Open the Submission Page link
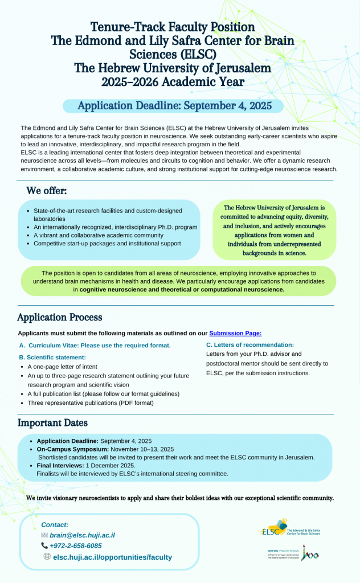click(235, 333)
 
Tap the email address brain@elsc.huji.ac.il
click(82, 535)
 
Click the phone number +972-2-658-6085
click(75, 546)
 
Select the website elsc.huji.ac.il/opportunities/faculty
click(112, 557)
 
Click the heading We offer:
click(47, 190)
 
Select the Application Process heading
click(60, 317)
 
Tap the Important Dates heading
click(52, 422)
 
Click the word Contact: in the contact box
click(55, 524)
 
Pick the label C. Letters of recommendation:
click(249, 345)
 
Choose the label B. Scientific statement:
click(52, 357)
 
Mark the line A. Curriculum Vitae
click(95, 346)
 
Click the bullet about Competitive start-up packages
click(107, 243)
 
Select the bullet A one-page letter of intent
click(62, 367)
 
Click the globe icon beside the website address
click(47, 557)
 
